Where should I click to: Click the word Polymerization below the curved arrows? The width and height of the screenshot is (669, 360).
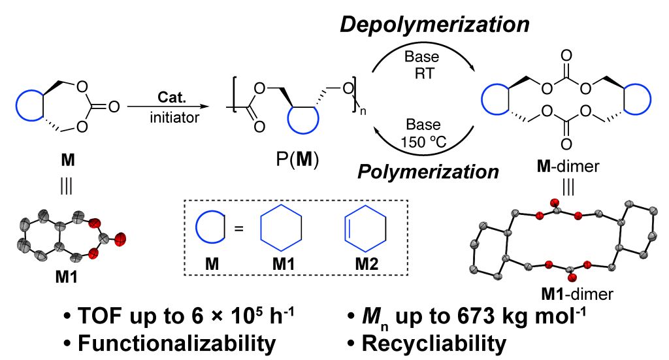(428, 172)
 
